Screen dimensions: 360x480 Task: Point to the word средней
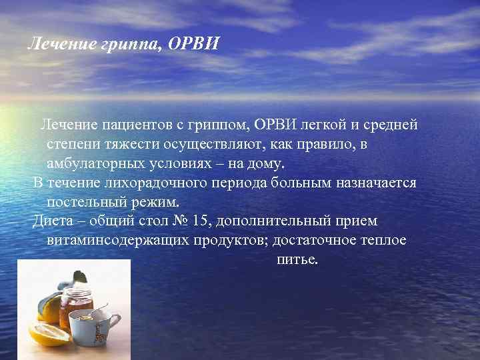click(x=394, y=125)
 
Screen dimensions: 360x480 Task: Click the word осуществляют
click(x=209, y=144)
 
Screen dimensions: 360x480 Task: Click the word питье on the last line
click(x=297, y=259)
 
